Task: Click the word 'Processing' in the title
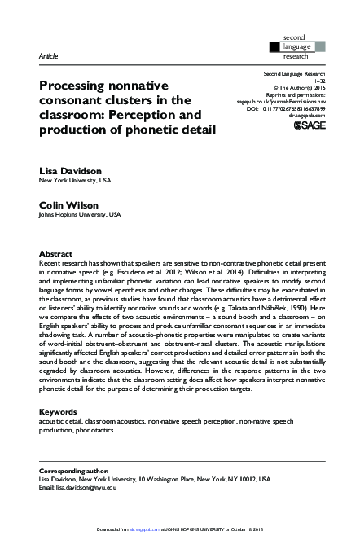(x=77, y=85)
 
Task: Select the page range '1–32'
(x=320, y=81)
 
